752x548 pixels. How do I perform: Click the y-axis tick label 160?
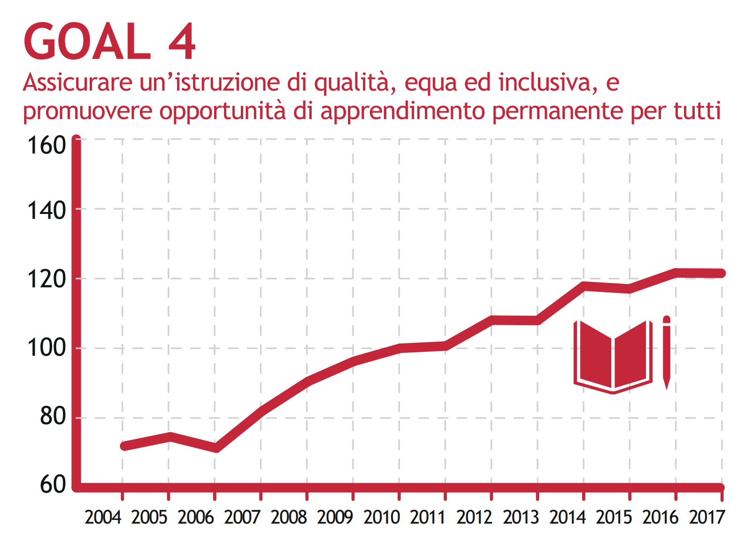click(x=46, y=145)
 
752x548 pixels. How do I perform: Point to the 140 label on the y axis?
click(x=46, y=211)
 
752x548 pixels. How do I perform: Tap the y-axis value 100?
click(x=46, y=348)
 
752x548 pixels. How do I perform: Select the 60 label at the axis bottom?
click(x=53, y=485)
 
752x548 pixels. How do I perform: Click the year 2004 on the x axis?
click(x=103, y=518)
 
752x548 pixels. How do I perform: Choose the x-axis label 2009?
click(x=335, y=518)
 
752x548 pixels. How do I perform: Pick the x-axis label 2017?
click(x=707, y=518)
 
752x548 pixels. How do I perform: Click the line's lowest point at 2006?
click(x=215, y=449)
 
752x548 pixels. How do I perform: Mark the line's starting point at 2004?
click(x=124, y=446)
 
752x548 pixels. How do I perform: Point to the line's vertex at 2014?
click(x=584, y=286)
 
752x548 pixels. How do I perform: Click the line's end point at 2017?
click(x=721, y=273)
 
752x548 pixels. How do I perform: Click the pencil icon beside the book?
click(x=666, y=353)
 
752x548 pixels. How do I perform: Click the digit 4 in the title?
click(x=182, y=42)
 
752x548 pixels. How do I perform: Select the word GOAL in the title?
click(x=87, y=42)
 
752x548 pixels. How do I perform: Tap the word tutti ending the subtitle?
click(x=697, y=111)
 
